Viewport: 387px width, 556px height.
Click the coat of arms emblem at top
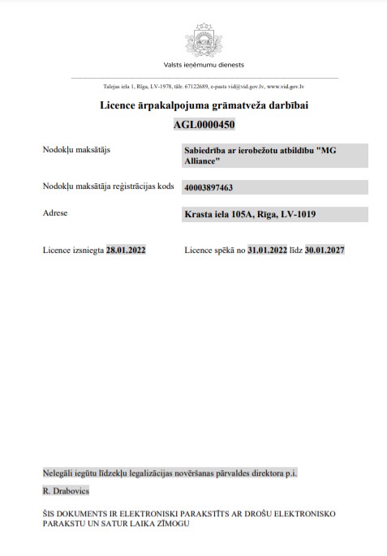[x=204, y=39]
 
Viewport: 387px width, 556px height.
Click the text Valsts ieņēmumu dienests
[x=204, y=65]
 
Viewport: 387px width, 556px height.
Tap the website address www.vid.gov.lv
[x=285, y=86]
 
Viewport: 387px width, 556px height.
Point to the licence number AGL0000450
[x=204, y=124]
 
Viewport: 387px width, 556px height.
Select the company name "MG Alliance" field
[x=264, y=156]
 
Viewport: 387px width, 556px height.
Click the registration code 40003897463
[x=209, y=187]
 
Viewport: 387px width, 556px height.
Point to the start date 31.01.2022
[x=269, y=250]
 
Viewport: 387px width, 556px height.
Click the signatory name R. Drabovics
[x=67, y=491]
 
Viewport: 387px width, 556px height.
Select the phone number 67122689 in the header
[x=192, y=86]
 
